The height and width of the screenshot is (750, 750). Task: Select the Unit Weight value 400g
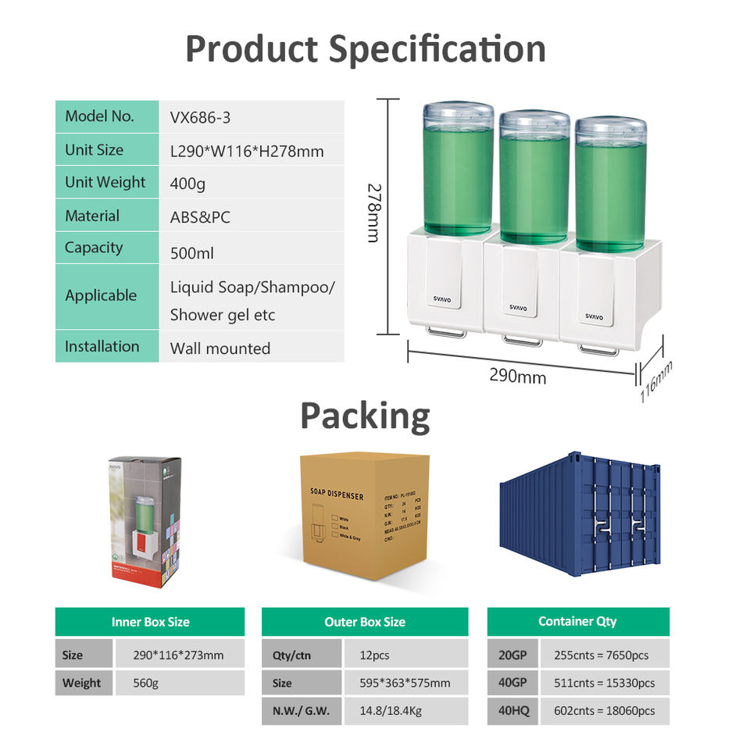click(x=188, y=184)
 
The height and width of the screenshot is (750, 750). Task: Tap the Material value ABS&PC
click(x=200, y=217)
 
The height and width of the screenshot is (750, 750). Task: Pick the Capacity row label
click(x=94, y=248)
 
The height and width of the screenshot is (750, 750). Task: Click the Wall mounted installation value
click(x=220, y=348)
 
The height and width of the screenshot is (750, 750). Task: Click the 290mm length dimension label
click(x=517, y=376)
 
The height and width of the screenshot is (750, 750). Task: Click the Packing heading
click(x=365, y=416)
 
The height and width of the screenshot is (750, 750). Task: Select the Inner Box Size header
click(x=150, y=622)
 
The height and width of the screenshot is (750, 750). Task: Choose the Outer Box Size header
click(x=365, y=622)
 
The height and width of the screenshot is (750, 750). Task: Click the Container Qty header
click(x=577, y=621)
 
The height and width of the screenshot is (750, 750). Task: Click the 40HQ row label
click(x=512, y=710)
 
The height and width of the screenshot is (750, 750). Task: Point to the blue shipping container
click(x=580, y=512)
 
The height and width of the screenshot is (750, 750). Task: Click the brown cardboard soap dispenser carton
click(x=365, y=516)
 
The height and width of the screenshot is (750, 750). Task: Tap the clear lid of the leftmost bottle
click(x=458, y=114)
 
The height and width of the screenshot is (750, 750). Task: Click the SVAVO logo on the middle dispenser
click(x=518, y=308)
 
